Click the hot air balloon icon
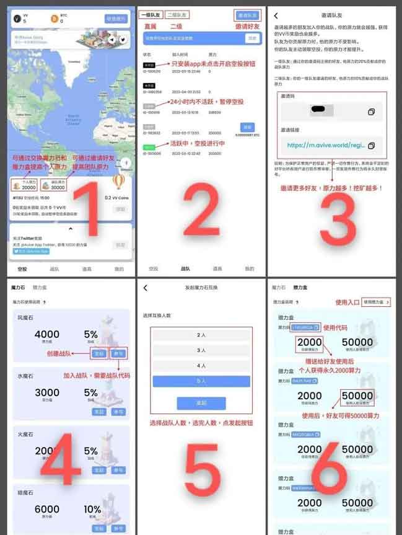(119, 181)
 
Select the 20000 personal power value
(28, 187)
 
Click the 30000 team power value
(58, 187)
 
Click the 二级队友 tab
(177, 14)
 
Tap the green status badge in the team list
(149, 147)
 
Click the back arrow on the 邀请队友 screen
(276, 15)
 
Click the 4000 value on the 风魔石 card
(46, 334)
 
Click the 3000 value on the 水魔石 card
(46, 392)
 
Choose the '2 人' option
(201, 335)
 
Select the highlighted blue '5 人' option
(201, 381)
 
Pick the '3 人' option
(201, 350)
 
